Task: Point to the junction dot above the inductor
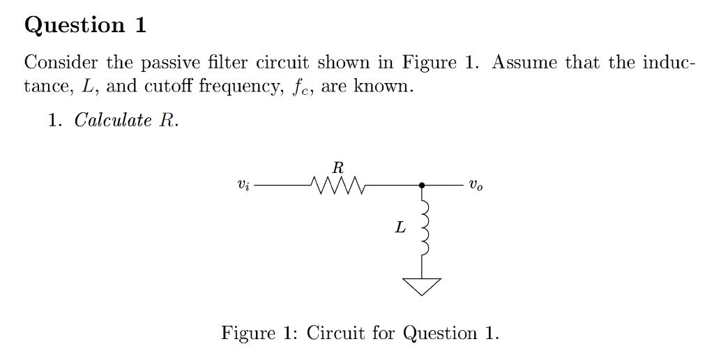pos(422,186)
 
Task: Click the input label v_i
pos(243,186)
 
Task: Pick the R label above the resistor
pos(338,167)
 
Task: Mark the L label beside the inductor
pos(400,227)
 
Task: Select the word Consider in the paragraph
pos(61,62)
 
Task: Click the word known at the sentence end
pos(383,87)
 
